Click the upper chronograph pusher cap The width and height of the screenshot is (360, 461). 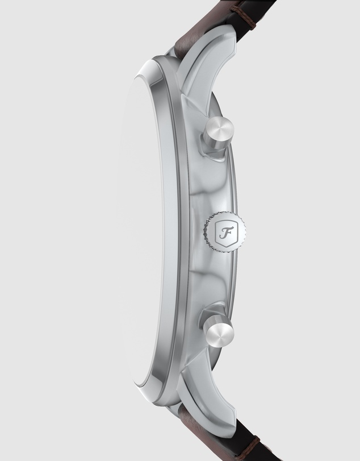219,131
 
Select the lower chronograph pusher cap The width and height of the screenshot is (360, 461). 219,331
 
